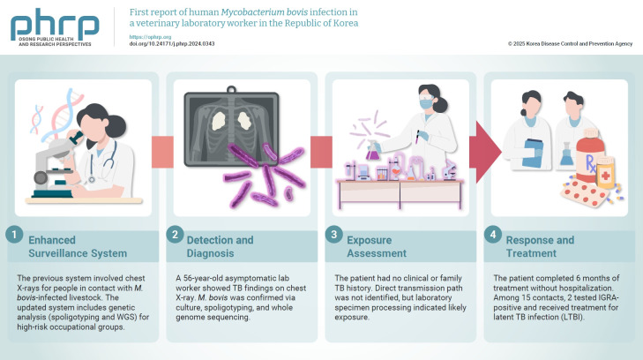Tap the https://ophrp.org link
[146, 37]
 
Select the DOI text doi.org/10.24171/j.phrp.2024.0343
[172, 44]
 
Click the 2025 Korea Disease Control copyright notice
[571, 44]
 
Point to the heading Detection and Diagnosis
[221, 246]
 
